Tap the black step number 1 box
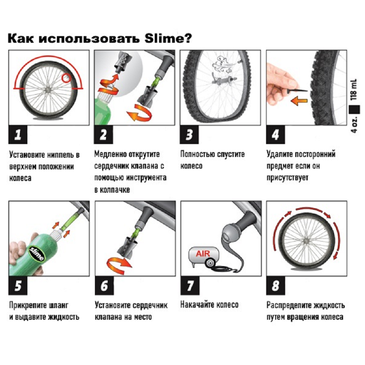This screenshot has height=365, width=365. coord(18,135)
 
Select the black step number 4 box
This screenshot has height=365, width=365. coord(275,135)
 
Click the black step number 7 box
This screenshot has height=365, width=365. coord(189,286)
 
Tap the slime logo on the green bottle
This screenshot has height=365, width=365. coord(37,252)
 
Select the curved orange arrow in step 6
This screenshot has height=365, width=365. coord(118,263)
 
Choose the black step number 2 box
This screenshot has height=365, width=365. coord(104,135)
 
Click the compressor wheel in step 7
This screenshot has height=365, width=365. coord(211,264)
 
